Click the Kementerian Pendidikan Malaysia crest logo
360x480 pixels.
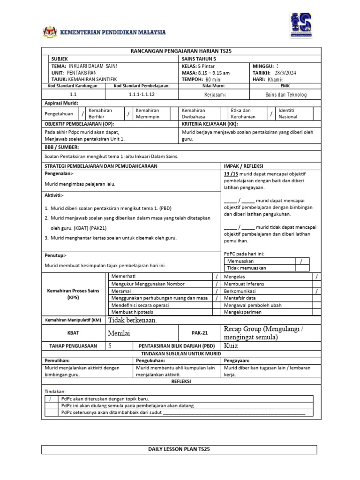(x=49, y=32)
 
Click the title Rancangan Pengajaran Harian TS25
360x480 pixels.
(x=180, y=51)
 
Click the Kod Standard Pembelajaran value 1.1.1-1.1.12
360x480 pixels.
(x=142, y=94)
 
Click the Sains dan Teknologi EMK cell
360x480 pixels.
(x=285, y=94)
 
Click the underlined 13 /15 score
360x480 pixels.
(x=231, y=173)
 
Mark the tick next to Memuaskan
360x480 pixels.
(x=301, y=261)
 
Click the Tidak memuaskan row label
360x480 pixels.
(x=247, y=268)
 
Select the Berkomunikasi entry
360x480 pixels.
(x=243, y=291)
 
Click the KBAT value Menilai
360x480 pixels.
(x=119, y=333)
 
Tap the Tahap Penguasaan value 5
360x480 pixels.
(x=110, y=346)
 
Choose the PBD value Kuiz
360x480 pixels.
(x=232, y=346)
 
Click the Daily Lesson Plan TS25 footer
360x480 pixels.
(x=180, y=450)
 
